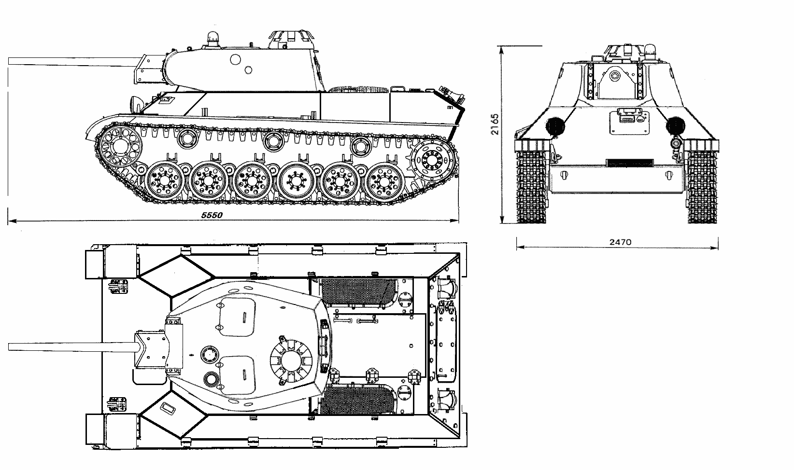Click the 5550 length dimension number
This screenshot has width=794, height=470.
pyautogui.click(x=212, y=215)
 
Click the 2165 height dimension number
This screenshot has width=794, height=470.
pyautogui.click(x=495, y=124)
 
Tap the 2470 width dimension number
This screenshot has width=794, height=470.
pyautogui.click(x=620, y=242)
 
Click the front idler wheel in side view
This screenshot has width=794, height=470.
pyautogui.click(x=120, y=146)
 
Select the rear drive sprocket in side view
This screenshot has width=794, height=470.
pyautogui.click(x=432, y=160)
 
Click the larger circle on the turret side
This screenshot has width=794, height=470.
pyautogui.click(x=235, y=59)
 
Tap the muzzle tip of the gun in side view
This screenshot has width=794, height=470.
pyautogui.click(x=9, y=61)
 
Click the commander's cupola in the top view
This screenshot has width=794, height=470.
pyautogui.click(x=291, y=361)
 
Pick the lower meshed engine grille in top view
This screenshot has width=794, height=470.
pyautogui.click(x=357, y=400)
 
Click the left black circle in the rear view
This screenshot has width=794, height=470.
pyautogui.click(x=555, y=126)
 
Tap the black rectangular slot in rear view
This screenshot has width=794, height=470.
pyautogui.click(x=629, y=163)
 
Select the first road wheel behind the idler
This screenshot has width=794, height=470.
pyautogui.click(x=164, y=180)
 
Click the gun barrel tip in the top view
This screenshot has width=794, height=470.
pyautogui.click(x=9, y=347)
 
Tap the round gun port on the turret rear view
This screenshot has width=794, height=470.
pyautogui.click(x=615, y=76)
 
